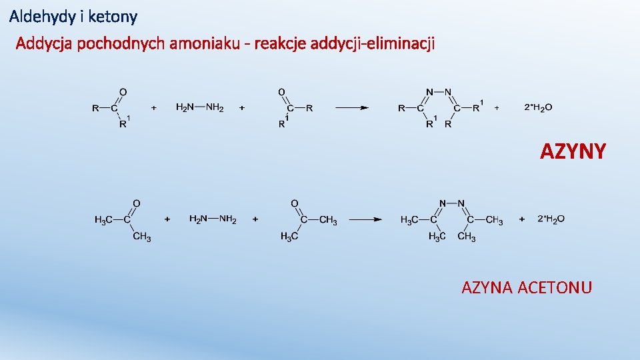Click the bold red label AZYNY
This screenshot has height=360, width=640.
[573, 152]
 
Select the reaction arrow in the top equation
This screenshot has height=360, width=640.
[351, 107]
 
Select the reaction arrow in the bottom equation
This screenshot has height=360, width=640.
[365, 219]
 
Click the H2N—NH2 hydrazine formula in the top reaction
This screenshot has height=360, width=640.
[200, 107]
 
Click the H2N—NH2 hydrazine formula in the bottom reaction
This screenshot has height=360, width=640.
[213, 219]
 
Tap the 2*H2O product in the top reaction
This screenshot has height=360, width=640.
[538, 107]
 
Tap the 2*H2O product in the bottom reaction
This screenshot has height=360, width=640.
[551, 219]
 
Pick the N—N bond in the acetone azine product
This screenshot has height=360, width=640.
[452, 203]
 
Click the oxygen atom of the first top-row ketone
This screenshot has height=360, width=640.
[123, 92]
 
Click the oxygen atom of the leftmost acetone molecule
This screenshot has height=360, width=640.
[136, 203]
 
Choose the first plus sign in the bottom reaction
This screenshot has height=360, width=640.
[167, 219]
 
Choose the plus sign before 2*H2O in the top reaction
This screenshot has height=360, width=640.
[497, 107]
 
